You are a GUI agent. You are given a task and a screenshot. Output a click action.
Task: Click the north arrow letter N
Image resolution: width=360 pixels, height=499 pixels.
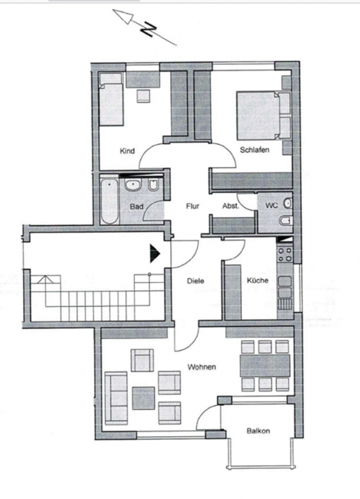[149, 29]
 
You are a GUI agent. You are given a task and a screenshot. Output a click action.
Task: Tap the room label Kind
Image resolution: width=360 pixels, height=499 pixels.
[127, 151]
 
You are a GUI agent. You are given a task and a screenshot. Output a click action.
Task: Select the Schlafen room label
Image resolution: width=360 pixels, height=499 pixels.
[254, 150]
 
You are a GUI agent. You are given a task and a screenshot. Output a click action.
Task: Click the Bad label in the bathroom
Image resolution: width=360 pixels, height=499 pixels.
[136, 207]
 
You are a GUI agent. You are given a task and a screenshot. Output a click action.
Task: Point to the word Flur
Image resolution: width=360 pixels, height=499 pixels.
[192, 206]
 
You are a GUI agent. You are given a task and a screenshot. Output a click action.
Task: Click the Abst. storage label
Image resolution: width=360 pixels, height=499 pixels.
[230, 206]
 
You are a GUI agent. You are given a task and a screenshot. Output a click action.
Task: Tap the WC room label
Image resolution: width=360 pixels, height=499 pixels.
[271, 206]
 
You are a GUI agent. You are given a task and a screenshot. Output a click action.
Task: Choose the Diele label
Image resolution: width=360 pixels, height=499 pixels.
[195, 281]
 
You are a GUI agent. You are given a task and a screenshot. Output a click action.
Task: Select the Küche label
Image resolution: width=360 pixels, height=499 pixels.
[257, 281]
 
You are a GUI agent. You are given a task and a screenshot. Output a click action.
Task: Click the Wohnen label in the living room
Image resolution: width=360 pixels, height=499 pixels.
[202, 367]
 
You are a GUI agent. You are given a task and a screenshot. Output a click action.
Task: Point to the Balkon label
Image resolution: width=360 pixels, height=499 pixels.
[258, 431]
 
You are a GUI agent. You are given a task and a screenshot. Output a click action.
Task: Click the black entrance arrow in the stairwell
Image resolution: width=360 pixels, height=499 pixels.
[155, 253]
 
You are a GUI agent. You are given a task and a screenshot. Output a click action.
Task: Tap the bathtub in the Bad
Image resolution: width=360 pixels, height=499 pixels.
[109, 201]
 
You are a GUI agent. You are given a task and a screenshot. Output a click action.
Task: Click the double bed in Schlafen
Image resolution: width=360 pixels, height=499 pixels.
[263, 116]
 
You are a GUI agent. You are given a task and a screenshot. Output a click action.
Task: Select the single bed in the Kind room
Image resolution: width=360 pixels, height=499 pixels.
[111, 99]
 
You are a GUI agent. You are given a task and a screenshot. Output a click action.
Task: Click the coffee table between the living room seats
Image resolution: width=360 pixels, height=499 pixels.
[144, 398]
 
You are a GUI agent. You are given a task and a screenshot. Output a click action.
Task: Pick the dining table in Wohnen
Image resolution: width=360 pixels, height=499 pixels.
[265, 366]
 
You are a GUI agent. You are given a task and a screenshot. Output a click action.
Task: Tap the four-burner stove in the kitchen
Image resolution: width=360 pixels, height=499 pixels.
[285, 254]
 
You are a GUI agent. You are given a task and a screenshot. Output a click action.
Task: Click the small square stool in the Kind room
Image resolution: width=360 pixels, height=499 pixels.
[143, 96]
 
